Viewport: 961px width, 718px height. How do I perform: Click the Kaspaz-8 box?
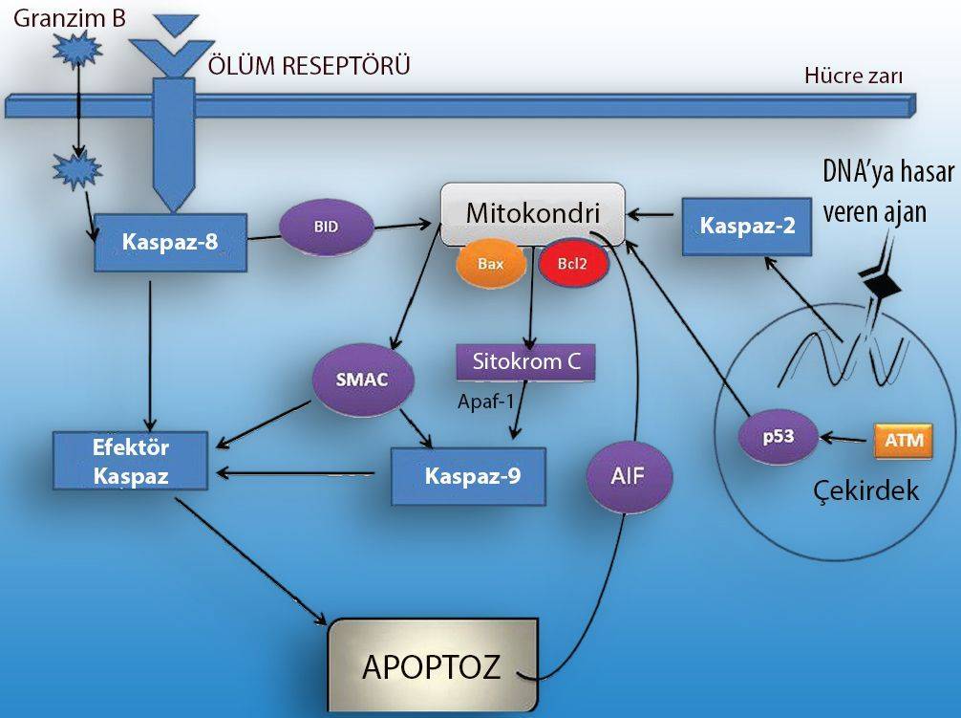click(170, 242)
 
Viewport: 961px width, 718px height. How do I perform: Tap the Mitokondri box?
click(532, 213)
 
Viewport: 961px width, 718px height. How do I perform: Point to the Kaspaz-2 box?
click(745, 226)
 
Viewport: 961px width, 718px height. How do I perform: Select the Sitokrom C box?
click(526, 363)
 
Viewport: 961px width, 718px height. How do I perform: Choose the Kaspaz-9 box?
click(468, 474)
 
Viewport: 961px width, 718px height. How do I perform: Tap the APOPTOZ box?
click(431, 665)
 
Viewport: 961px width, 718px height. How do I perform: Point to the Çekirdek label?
click(865, 490)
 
